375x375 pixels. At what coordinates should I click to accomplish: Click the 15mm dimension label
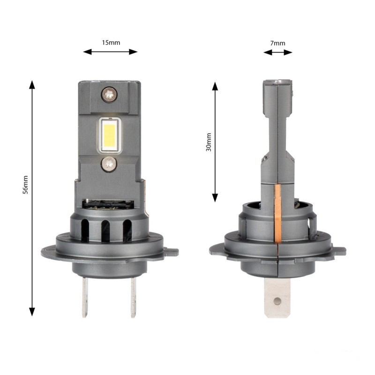111,42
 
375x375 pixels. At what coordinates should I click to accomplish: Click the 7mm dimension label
278,43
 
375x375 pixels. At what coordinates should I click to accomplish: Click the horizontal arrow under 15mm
111,52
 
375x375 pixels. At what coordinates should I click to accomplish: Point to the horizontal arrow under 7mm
277,52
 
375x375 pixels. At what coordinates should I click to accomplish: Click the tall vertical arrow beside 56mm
32,197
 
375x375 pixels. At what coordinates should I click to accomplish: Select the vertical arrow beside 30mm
215,142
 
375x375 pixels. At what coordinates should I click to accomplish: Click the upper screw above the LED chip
109,94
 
